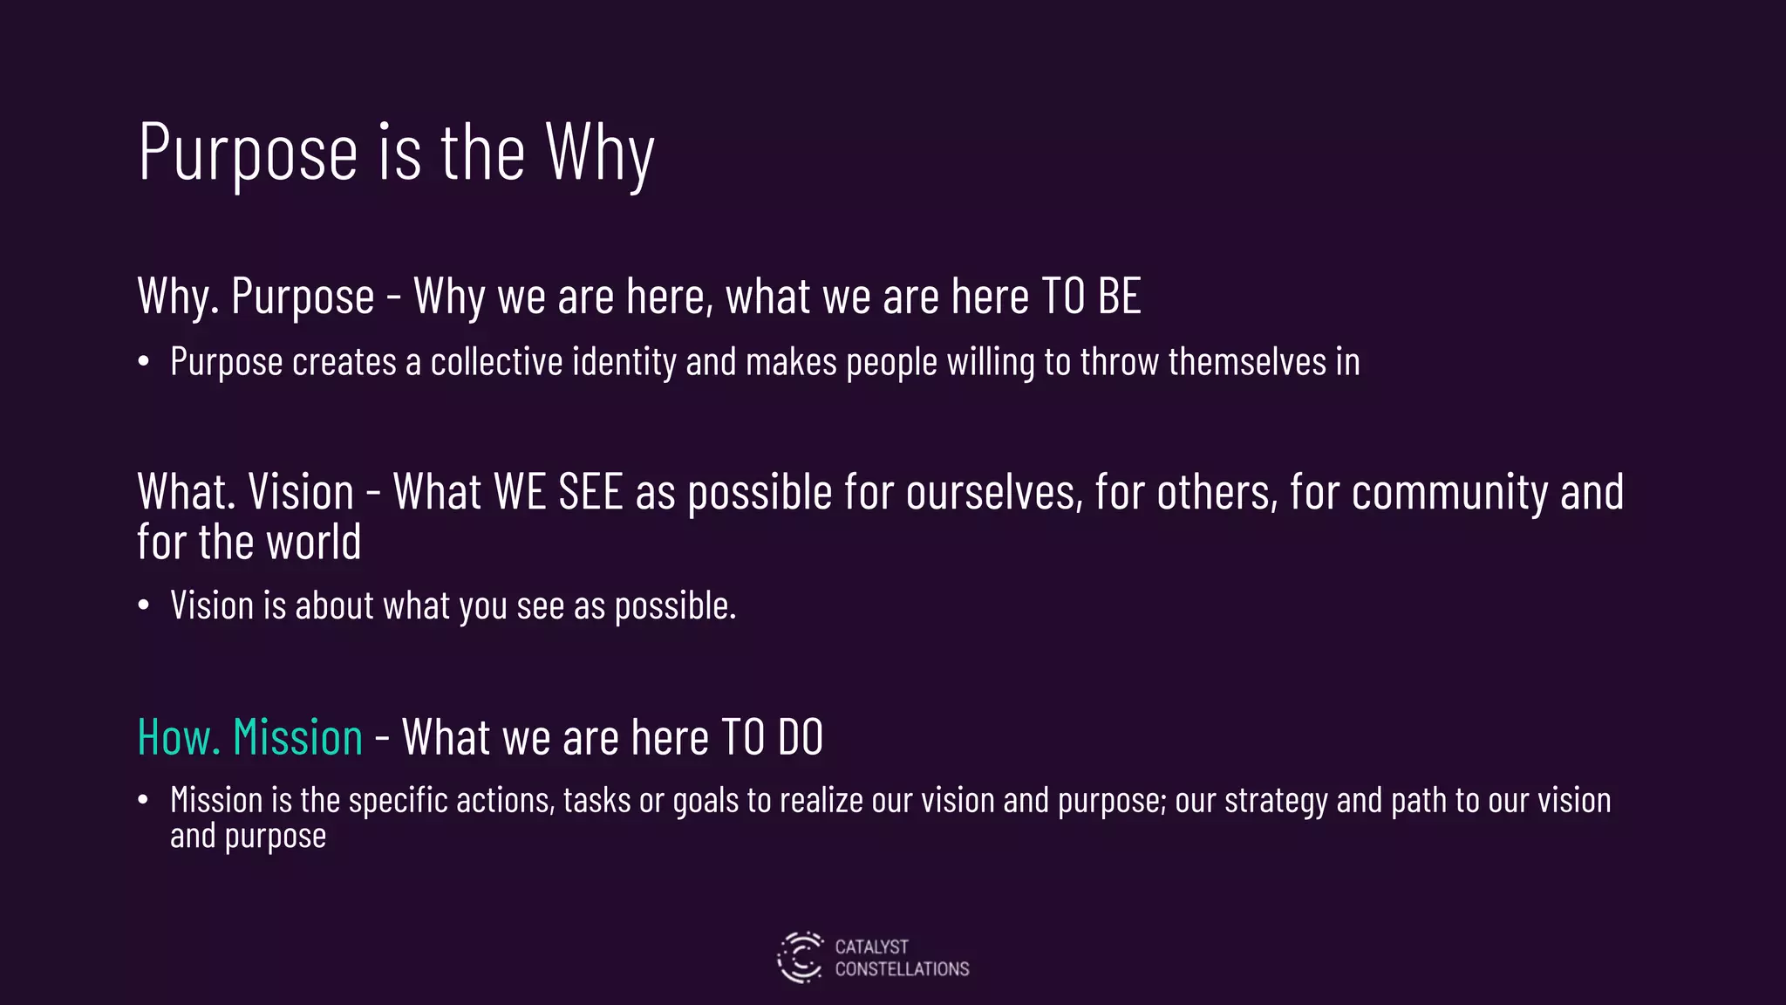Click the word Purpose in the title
[x=249, y=153]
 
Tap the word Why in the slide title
[x=600, y=153]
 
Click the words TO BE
[x=1091, y=296]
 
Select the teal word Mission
[x=298, y=737]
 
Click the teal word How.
[x=178, y=737]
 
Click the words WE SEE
[x=558, y=492]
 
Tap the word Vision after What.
[x=301, y=492]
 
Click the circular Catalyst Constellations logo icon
[x=800, y=958]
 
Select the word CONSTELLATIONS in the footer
[x=902, y=969]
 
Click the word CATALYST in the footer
[x=871, y=947]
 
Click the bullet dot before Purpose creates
[x=144, y=362]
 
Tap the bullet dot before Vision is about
[x=144, y=605]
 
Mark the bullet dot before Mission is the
[x=144, y=800]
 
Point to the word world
[x=313, y=542]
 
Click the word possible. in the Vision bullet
[x=675, y=605]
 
